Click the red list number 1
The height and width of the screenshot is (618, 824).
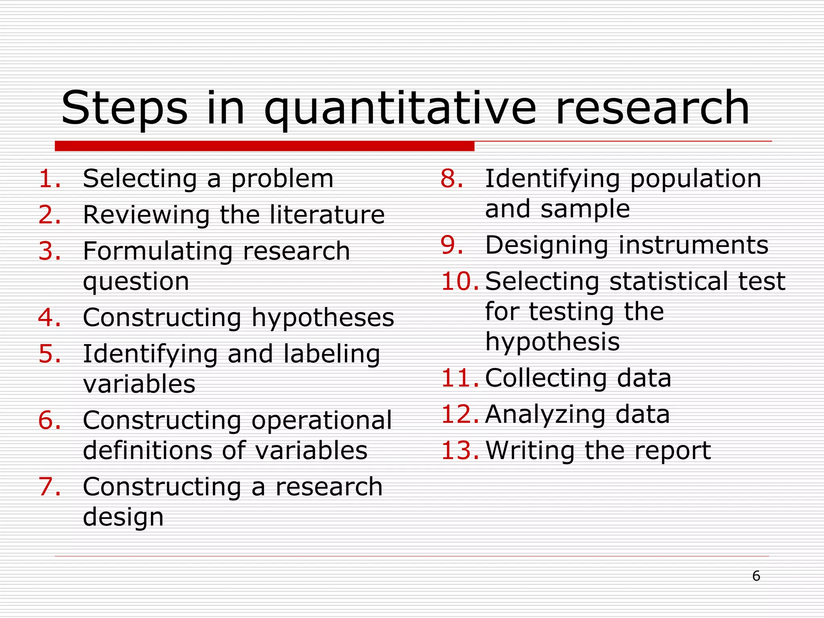(x=49, y=179)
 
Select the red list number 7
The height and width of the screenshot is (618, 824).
(x=49, y=486)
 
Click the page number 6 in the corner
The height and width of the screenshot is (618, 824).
(x=756, y=576)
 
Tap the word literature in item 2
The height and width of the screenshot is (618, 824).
(x=327, y=214)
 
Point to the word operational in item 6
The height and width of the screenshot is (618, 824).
(x=321, y=420)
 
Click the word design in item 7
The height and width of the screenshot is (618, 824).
(x=123, y=517)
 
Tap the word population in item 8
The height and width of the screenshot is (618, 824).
(x=695, y=179)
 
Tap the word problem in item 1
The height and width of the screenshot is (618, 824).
(x=282, y=179)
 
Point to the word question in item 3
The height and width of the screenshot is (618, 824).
(x=136, y=281)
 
